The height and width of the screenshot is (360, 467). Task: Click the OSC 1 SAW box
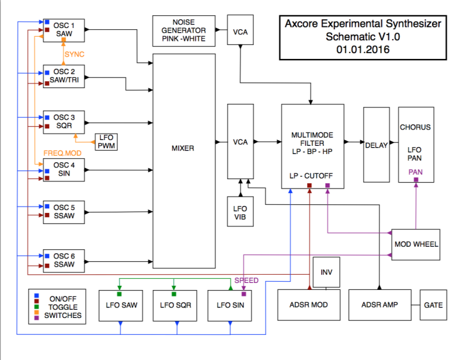click(x=65, y=30)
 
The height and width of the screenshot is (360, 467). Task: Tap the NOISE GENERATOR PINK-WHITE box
click(x=184, y=30)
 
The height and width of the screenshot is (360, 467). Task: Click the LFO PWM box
click(x=106, y=142)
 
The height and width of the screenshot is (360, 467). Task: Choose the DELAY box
click(x=377, y=145)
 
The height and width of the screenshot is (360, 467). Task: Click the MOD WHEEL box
click(x=416, y=243)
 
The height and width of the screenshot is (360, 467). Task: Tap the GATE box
click(x=433, y=305)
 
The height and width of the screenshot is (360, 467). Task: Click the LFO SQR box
click(x=175, y=305)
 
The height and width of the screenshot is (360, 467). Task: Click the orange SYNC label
click(x=74, y=54)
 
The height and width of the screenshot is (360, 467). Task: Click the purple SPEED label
click(x=246, y=281)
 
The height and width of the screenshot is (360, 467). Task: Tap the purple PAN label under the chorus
click(x=416, y=172)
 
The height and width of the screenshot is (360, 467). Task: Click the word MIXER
click(x=183, y=148)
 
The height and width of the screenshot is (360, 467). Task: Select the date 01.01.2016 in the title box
click(x=363, y=49)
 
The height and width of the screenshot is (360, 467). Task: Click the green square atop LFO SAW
click(x=120, y=294)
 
